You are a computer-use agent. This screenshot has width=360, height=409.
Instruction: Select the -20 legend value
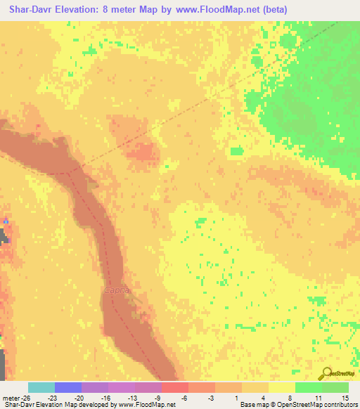click(79, 397)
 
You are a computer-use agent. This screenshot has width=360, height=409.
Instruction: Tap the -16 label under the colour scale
click(107, 397)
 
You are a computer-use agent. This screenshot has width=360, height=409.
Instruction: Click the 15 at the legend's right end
click(345, 397)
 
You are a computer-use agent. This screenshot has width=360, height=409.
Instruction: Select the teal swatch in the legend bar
click(41, 387)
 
